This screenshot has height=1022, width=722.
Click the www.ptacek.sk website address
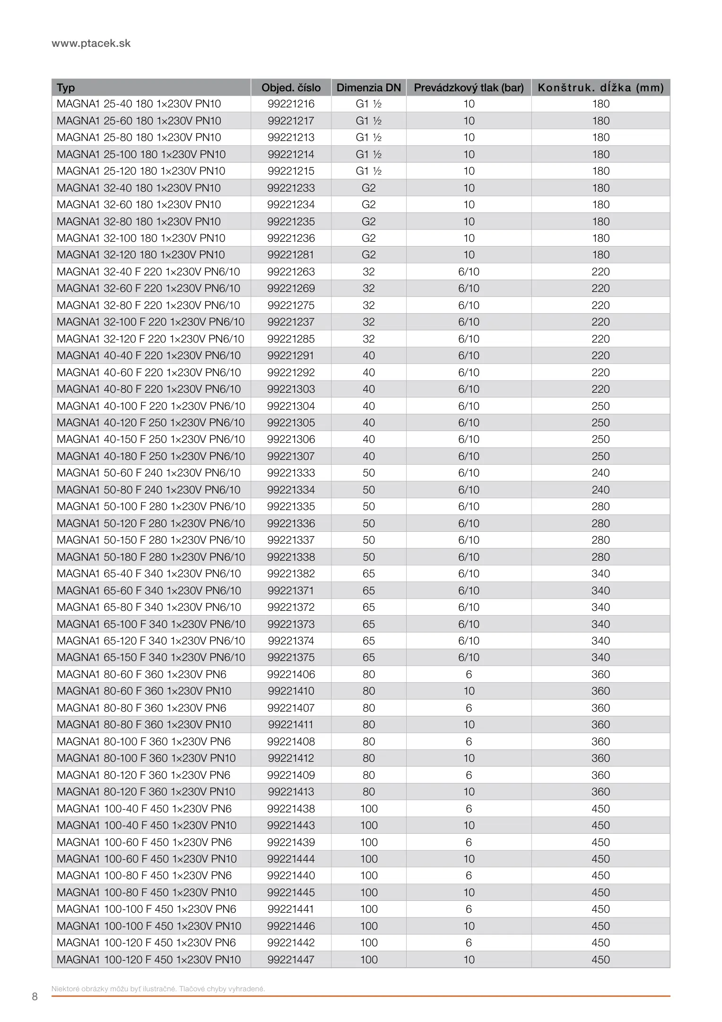click(x=91, y=44)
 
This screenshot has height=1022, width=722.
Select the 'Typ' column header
click(x=66, y=88)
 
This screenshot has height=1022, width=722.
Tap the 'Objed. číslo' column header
click(x=291, y=88)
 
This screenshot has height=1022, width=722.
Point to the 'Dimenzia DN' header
click(x=368, y=88)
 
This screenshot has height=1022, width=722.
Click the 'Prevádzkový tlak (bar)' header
click(x=469, y=88)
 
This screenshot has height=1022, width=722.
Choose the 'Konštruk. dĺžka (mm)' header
click(x=600, y=88)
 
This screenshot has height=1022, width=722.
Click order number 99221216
click(x=291, y=104)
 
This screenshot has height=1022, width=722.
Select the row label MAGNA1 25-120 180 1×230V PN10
click(x=141, y=171)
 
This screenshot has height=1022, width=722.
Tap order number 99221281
click(x=291, y=255)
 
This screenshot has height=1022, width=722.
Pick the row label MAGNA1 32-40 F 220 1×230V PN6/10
click(x=148, y=272)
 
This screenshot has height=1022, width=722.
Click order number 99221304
click(x=291, y=406)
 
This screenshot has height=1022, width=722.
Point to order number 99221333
click(x=291, y=473)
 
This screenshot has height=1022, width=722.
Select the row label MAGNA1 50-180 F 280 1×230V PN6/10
click(x=151, y=557)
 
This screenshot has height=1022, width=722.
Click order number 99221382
click(x=291, y=574)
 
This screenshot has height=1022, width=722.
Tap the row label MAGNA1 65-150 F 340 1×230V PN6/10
click(x=151, y=658)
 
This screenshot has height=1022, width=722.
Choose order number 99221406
click(x=291, y=674)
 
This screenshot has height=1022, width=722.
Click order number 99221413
click(x=291, y=792)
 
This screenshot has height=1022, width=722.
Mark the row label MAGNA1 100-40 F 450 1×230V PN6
click(x=144, y=809)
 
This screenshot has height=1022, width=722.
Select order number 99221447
click(x=291, y=960)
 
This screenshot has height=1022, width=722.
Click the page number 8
click(x=35, y=997)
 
